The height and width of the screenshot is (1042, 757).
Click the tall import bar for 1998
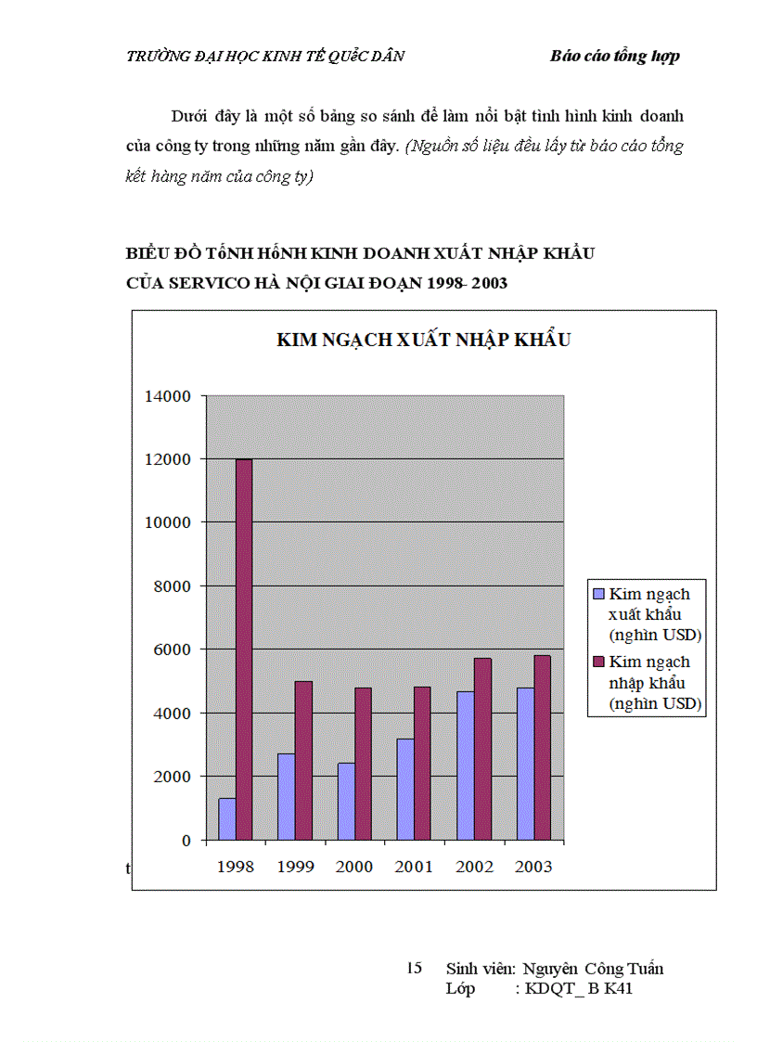[x=243, y=650]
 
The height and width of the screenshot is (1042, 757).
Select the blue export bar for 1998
[x=227, y=818]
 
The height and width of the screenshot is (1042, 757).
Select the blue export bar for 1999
[x=287, y=796]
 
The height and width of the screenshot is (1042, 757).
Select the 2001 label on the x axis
[x=414, y=867]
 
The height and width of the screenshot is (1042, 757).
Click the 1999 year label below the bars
[x=295, y=867]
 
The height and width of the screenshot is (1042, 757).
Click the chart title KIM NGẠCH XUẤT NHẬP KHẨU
[x=423, y=340]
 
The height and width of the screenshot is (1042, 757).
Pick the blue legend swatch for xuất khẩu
[x=598, y=594]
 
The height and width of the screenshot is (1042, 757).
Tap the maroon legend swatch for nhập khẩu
[x=598, y=662]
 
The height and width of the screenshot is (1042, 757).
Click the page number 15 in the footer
[x=415, y=969]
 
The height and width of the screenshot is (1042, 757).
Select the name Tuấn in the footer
[x=645, y=969]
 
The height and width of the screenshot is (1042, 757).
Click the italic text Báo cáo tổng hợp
[x=614, y=56]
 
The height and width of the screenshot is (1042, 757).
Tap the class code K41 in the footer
[x=616, y=988]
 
